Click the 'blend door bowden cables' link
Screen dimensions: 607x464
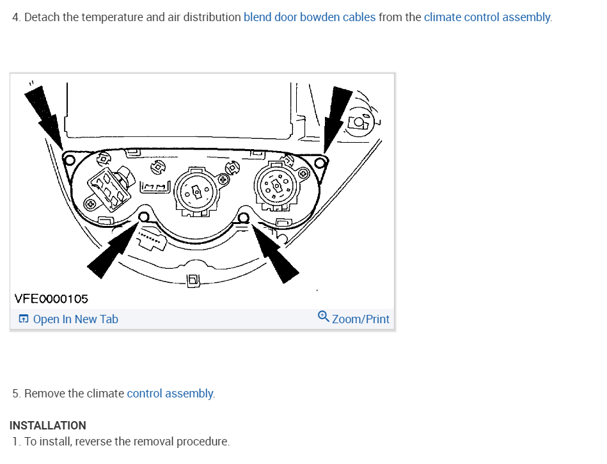[x=310, y=17]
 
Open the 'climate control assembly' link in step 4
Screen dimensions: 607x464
[x=487, y=17]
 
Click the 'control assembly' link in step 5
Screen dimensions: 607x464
[x=170, y=393]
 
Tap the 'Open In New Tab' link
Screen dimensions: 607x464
[x=75, y=319]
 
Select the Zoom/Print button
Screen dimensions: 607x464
[x=360, y=319]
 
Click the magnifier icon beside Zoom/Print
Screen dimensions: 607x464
[x=324, y=317]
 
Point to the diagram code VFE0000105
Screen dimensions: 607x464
[x=51, y=298]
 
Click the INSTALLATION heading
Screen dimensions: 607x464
[x=48, y=425]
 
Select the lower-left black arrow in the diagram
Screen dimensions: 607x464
[x=113, y=247]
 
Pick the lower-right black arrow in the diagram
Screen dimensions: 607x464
[x=277, y=251]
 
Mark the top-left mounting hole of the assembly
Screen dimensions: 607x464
[x=68, y=158]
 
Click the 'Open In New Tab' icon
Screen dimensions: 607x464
[x=23, y=319]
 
